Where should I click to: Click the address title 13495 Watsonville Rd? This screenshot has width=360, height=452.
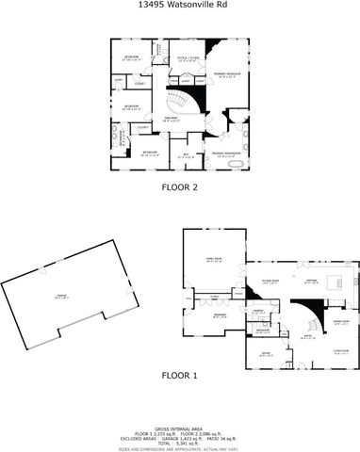179,5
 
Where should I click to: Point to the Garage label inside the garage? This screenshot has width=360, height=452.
61,296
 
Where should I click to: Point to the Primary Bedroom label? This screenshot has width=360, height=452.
225,74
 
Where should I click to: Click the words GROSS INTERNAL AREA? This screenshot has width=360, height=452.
179,426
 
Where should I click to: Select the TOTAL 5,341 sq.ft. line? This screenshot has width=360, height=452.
179,441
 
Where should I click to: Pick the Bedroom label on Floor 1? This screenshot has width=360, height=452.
219,316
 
